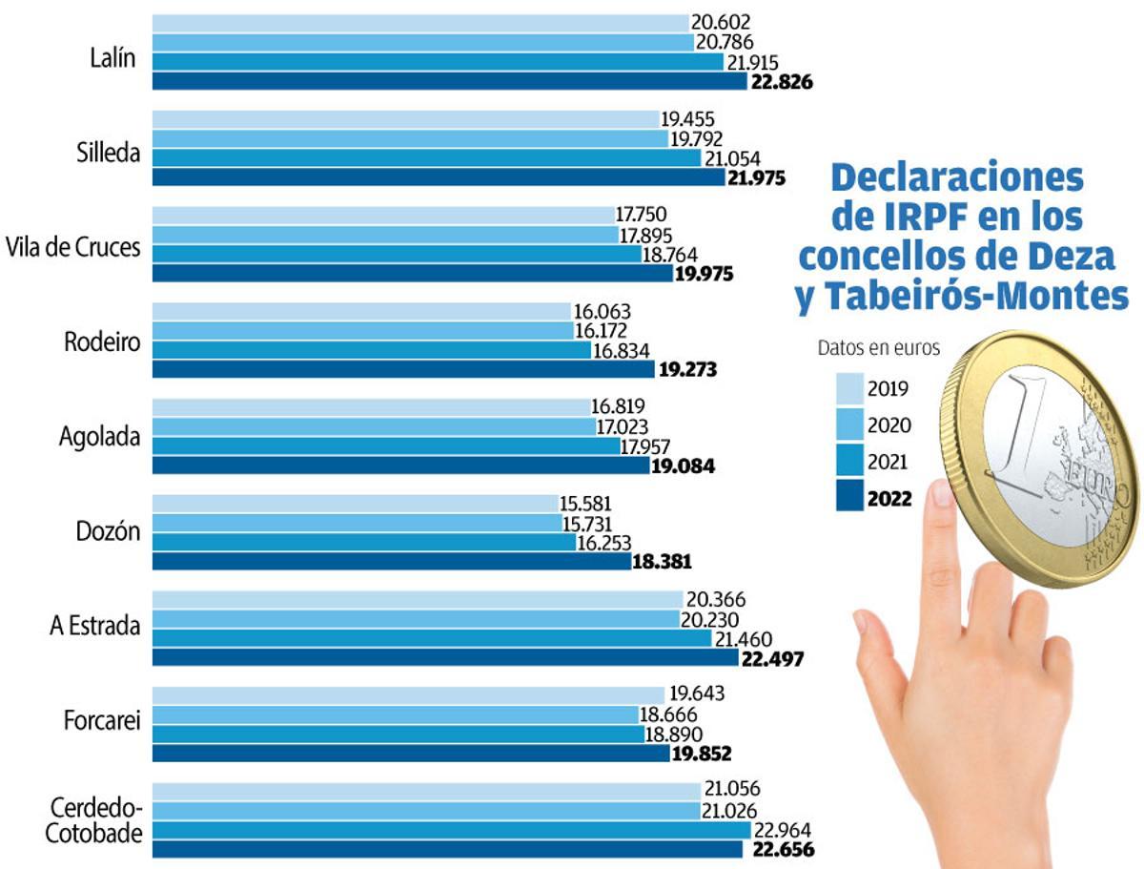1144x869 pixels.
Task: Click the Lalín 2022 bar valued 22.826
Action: pos(449,81)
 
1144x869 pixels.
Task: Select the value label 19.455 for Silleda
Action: pos(687,119)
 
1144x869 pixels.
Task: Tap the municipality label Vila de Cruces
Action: pos(73,247)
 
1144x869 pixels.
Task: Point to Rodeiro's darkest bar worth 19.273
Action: pos(403,369)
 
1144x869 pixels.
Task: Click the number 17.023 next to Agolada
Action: pos(622,427)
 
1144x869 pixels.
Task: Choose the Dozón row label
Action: pos(108,531)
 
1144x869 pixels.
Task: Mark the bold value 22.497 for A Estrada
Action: pos(772,659)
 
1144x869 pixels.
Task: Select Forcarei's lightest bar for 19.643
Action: pos(408,694)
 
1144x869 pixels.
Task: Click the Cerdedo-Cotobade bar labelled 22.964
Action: pos(451,830)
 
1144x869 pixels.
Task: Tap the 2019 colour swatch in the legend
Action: pos(849,389)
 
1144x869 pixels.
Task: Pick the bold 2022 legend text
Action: pos(889,499)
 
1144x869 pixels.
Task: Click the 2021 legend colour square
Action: pos(849,460)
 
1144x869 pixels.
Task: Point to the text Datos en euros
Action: pos(879,348)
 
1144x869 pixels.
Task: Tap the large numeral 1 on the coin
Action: pos(1017,429)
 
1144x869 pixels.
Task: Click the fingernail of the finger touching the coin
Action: pos(942,492)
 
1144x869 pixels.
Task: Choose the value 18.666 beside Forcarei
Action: pos(668,714)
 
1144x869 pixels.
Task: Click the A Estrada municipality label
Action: pos(94,626)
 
